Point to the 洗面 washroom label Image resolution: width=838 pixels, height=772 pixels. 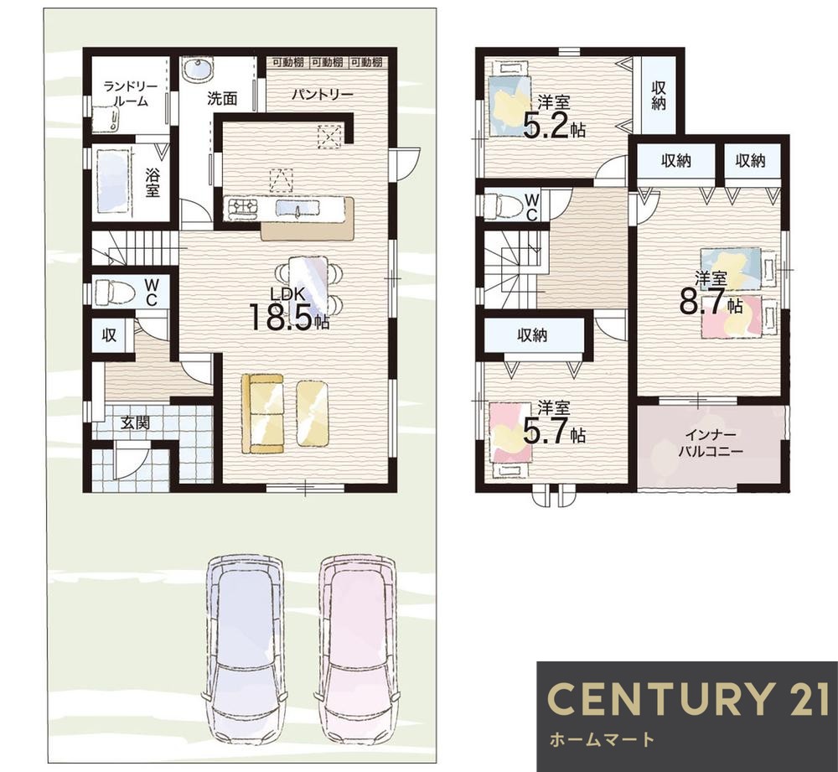222,98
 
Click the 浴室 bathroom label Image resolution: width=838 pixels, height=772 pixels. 153,184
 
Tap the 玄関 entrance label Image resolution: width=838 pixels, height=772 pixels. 135,423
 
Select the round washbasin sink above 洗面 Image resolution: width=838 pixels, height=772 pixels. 199,69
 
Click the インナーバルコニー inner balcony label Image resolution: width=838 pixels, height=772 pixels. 711,442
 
